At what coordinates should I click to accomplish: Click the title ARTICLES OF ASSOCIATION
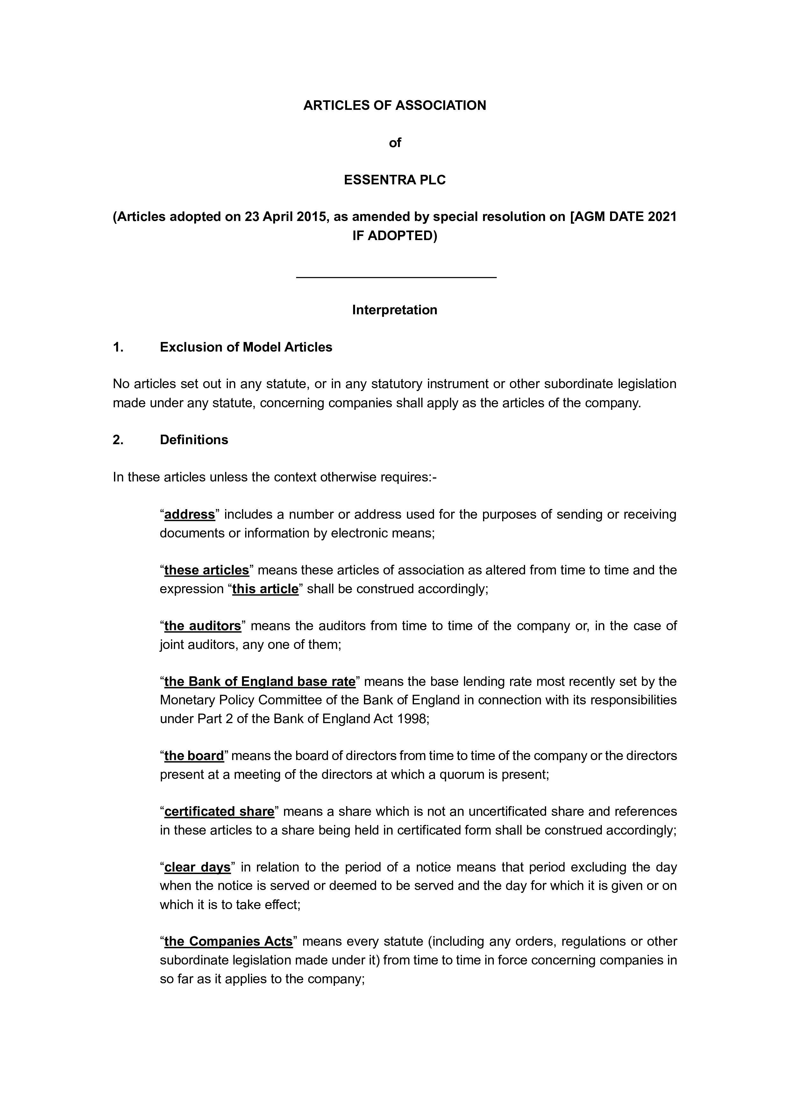tap(395, 106)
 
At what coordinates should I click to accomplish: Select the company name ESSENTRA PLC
tap(395, 180)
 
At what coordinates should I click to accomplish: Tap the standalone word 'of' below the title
tap(395, 143)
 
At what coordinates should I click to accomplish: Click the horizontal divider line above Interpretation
tap(396, 277)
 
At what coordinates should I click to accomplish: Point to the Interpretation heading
tap(395, 310)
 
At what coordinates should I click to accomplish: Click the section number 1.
tap(118, 347)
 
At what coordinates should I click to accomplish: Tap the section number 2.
tap(118, 440)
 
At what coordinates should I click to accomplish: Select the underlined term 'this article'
tap(265, 589)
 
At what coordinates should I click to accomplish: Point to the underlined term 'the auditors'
tap(203, 626)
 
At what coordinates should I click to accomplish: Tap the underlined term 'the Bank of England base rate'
tap(260, 682)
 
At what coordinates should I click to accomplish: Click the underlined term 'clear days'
tap(197, 867)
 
